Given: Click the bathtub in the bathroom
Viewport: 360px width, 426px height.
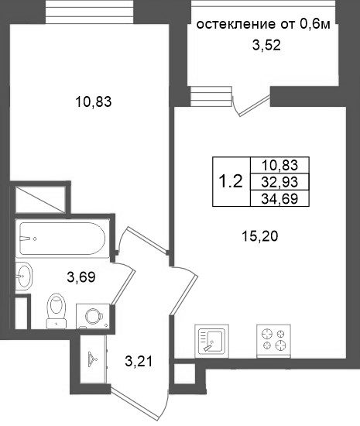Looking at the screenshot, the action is [62, 239].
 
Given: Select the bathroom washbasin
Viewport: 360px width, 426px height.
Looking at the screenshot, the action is [24, 276].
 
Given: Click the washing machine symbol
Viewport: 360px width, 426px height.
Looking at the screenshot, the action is [93, 316].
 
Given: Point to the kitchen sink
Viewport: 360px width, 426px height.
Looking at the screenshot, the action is [212, 342].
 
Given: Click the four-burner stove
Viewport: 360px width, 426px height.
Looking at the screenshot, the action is [273, 341].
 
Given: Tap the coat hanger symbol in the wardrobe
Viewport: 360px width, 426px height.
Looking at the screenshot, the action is [92, 359].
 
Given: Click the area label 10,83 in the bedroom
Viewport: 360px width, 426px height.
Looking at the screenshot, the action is [94, 102].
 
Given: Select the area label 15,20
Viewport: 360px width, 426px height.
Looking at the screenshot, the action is [260, 236].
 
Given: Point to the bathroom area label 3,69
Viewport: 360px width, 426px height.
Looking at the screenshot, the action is [81, 277].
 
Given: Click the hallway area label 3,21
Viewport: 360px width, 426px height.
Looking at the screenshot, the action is [139, 362].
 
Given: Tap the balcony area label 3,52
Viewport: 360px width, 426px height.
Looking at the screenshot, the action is [266, 45].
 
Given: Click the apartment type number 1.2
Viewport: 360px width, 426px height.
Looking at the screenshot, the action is [231, 181].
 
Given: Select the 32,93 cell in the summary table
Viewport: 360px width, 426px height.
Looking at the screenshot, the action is [279, 182].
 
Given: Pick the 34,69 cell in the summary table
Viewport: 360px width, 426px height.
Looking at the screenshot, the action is [279, 198].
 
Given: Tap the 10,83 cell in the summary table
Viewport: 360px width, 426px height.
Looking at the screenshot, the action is [279, 165].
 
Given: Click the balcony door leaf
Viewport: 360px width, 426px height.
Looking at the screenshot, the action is [255, 105].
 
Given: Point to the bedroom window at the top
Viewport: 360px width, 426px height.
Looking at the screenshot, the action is [89, 12].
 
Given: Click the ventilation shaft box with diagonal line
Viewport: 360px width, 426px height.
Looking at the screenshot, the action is [40, 199].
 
